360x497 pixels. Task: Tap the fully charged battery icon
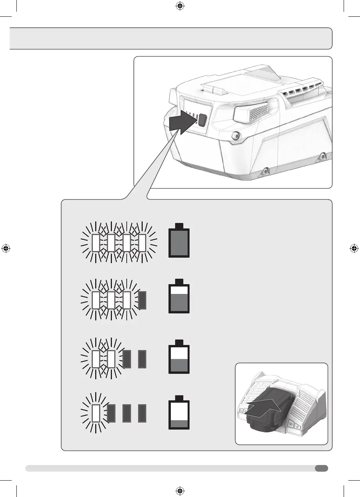pyautogui.click(x=179, y=240)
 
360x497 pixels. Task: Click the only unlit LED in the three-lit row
pyautogui.click(x=142, y=300)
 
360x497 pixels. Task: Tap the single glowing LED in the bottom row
pyautogui.click(x=96, y=414)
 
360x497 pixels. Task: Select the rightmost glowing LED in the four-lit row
pyautogui.click(x=142, y=243)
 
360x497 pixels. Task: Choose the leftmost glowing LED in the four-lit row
pyautogui.click(x=96, y=243)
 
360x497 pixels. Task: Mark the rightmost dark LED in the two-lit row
pyautogui.click(x=142, y=359)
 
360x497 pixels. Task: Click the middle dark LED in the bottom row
pyautogui.click(x=126, y=414)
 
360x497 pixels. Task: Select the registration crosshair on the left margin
pyautogui.click(x=6, y=248)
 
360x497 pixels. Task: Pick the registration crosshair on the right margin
pyautogui.click(x=354, y=248)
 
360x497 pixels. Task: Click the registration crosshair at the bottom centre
pyautogui.click(x=180, y=490)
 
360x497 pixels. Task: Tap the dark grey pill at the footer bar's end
pyautogui.click(x=321, y=468)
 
